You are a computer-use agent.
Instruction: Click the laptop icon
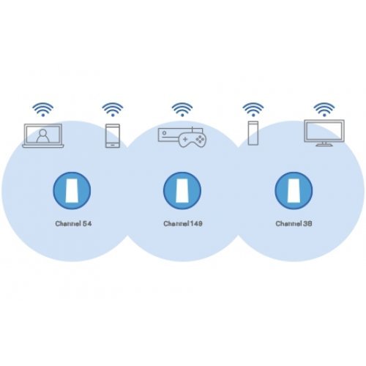click(x=43, y=136)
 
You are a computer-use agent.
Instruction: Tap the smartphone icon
click(x=113, y=136)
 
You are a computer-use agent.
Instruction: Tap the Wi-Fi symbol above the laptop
click(x=43, y=110)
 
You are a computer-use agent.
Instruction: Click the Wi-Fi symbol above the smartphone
click(x=113, y=110)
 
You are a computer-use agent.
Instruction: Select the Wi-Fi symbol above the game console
click(x=182, y=110)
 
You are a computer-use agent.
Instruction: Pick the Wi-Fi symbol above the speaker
click(x=253, y=110)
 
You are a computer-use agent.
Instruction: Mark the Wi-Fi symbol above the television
click(x=323, y=110)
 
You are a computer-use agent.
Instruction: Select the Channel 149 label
click(x=182, y=220)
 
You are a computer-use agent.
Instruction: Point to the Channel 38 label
click(x=293, y=220)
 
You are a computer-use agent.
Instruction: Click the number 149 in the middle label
click(x=195, y=220)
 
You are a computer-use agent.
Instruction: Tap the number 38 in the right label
click(x=305, y=220)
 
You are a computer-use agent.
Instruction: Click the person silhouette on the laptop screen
click(x=43, y=135)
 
